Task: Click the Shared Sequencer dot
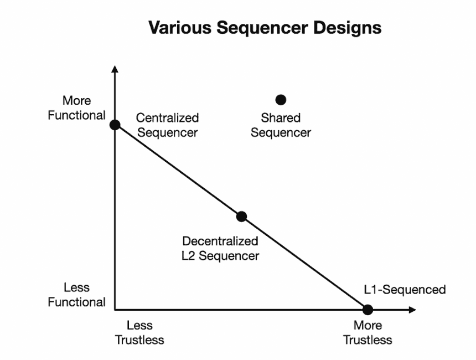click(281, 100)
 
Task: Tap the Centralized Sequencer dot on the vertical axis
click(115, 125)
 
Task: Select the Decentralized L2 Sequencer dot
click(241, 217)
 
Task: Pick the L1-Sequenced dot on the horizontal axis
click(368, 310)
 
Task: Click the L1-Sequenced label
click(405, 290)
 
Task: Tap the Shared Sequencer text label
click(281, 125)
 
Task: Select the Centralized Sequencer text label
click(167, 125)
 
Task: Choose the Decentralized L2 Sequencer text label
click(220, 248)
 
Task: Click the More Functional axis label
click(76, 108)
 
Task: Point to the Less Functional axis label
click(76, 295)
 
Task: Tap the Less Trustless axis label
click(139, 332)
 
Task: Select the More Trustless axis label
click(368, 332)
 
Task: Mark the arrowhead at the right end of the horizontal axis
click(412, 310)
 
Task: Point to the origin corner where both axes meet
click(115, 310)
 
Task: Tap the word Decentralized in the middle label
click(220, 241)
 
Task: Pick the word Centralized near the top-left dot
click(167, 118)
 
